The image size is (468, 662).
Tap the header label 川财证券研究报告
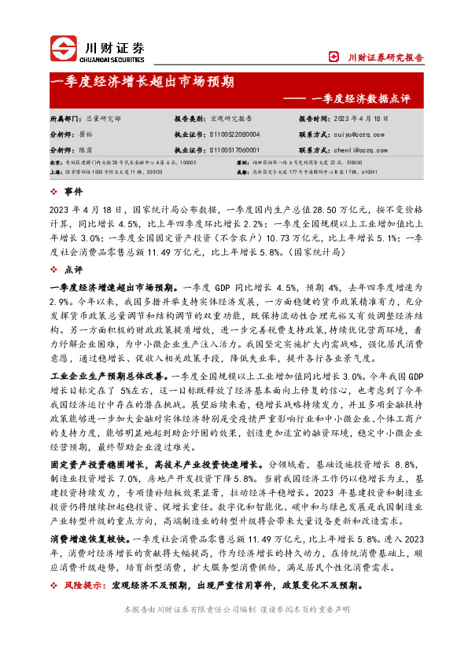(385, 57)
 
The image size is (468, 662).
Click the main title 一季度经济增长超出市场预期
(142, 81)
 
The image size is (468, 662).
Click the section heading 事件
(75, 191)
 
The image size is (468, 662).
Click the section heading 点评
(75, 269)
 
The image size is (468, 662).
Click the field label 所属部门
(66, 119)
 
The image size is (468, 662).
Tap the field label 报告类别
(190, 119)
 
